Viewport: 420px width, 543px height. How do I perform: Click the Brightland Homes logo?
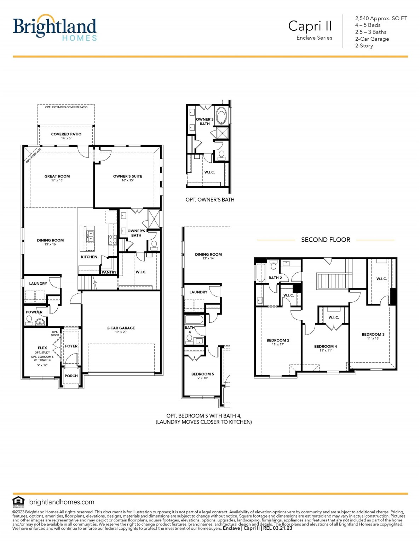click(54, 28)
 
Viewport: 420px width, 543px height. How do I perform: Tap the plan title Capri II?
click(310, 26)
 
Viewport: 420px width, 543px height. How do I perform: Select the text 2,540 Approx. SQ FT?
click(381, 18)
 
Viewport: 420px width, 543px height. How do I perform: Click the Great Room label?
click(57, 176)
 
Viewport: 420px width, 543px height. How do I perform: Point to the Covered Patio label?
click(66, 134)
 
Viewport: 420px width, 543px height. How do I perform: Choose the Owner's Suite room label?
click(127, 176)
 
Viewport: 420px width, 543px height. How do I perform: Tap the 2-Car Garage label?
click(121, 328)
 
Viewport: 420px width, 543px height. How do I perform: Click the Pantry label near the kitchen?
click(109, 272)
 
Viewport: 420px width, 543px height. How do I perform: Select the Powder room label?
click(34, 312)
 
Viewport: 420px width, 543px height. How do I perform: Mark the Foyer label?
click(71, 346)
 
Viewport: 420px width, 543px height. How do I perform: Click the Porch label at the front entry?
click(71, 376)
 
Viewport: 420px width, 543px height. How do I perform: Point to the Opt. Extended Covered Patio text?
click(66, 107)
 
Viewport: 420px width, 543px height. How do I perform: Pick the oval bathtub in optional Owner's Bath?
click(221, 116)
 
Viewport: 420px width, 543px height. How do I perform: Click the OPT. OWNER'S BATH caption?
click(210, 200)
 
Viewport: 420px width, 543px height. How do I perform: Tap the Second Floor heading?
click(326, 240)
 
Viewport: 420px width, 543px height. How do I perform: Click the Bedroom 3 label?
click(373, 334)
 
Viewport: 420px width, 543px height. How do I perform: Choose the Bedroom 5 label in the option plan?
click(202, 374)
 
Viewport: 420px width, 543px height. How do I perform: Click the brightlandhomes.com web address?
click(62, 502)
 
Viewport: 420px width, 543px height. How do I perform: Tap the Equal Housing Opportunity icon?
click(18, 502)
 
